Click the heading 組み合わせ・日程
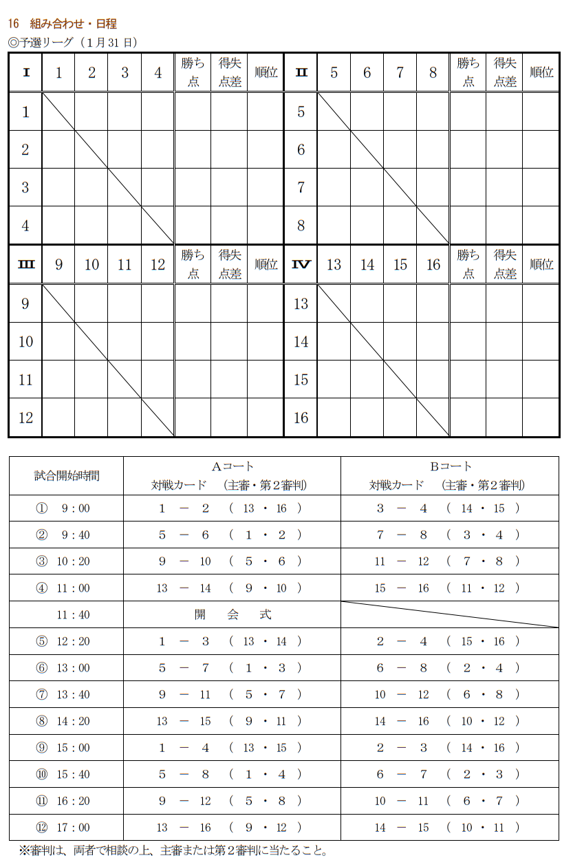[x=73, y=24]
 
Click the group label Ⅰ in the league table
[x=25, y=72]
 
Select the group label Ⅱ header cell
[x=301, y=72]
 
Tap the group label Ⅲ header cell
[x=25, y=264]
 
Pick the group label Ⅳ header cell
[x=301, y=264]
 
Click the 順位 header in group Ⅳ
[x=541, y=264]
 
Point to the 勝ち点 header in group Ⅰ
[x=193, y=72]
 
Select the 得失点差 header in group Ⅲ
[x=229, y=264]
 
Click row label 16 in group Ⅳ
[x=301, y=418]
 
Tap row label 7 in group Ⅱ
[x=301, y=187]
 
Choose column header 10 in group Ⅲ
[x=91, y=264]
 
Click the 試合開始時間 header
[x=67, y=475]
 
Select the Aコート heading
[x=232, y=466]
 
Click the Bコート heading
[x=451, y=466]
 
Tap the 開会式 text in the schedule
[x=232, y=614]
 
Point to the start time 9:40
[x=76, y=535]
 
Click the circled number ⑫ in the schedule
[x=41, y=828]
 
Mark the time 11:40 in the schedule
[x=73, y=614]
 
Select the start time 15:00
[x=73, y=748]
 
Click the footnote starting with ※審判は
[x=172, y=850]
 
